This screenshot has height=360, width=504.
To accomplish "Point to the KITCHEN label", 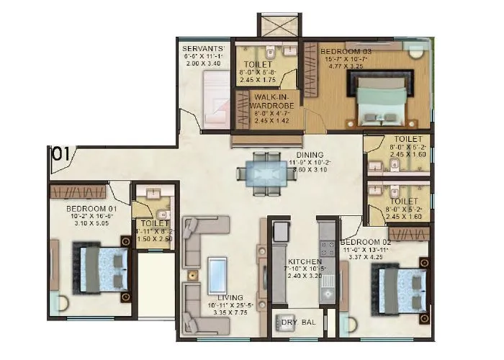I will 300,261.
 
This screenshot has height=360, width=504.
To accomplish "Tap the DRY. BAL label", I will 294,322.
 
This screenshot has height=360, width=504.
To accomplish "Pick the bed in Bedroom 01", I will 99,269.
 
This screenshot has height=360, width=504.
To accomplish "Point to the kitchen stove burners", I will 326,249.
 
